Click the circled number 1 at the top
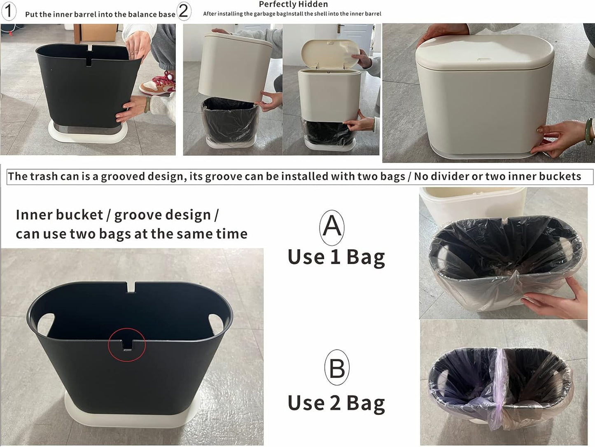pyautogui.click(x=8, y=11)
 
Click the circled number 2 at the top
pyautogui.click(x=184, y=11)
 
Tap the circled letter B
pyautogui.click(x=337, y=367)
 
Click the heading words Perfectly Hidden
pyautogui.click(x=293, y=5)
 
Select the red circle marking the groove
pyautogui.click(x=127, y=344)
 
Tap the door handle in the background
pyautogui.click(x=339, y=28)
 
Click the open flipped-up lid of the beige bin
pyautogui.click(x=330, y=51)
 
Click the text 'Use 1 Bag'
pyautogui.click(x=336, y=257)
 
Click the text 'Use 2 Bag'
pyautogui.click(x=336, y=403)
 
